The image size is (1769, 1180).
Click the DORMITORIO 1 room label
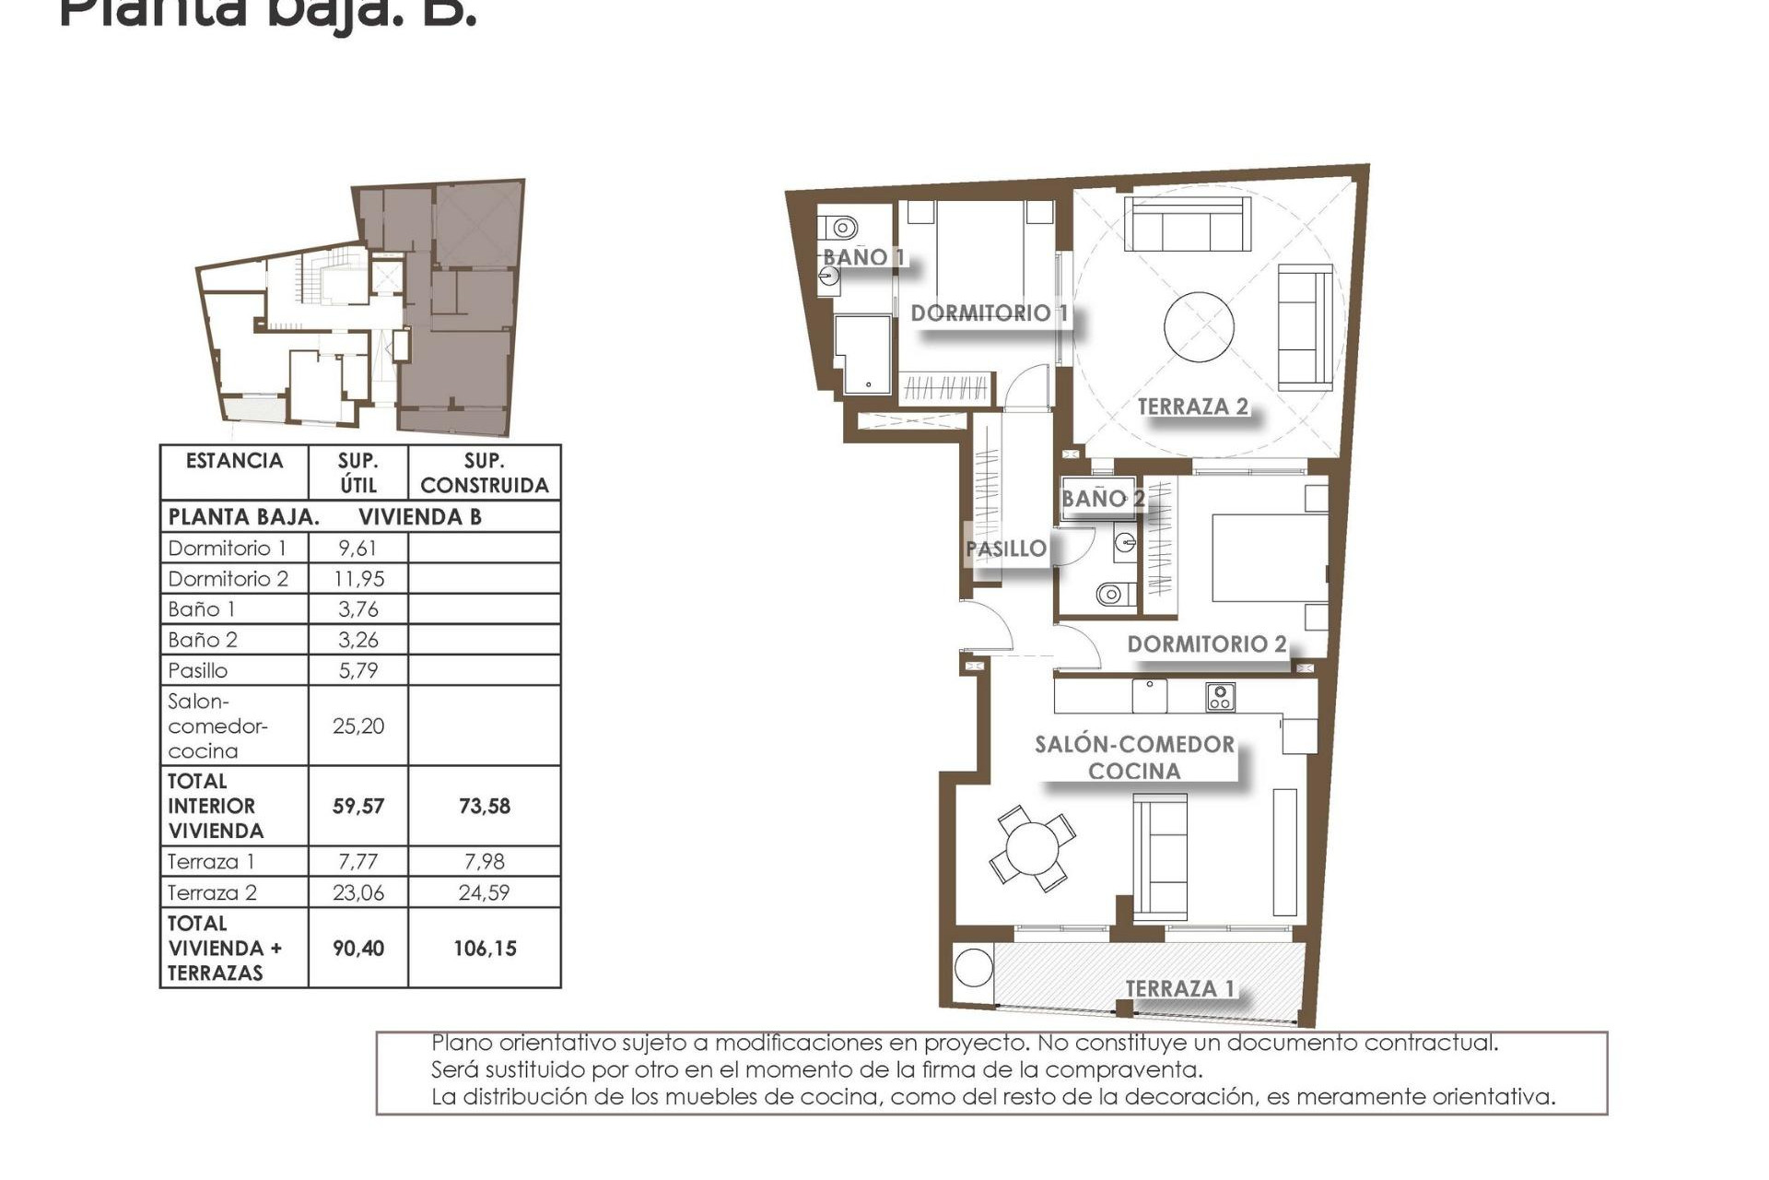tap(989, 313)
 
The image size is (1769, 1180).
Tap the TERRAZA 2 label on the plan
tap(1192, 407)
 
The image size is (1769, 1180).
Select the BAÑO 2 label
tap(1102, 499)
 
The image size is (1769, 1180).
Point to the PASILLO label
tap(1005, 549)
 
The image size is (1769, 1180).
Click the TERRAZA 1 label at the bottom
tap(1179, 988)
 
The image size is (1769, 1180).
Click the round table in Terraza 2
tap(1199, 327)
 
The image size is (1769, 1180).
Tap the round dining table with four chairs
tap(1032, 848)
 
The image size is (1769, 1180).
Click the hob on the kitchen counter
tap(1220, 697)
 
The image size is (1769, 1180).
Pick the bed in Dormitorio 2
tap(1269, 558)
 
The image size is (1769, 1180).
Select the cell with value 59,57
tap(357, 806)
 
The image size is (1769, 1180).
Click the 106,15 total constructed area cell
tap(485, 948)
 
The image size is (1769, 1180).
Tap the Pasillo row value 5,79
tap(357, 670)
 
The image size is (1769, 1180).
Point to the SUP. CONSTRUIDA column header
tap(484, 473)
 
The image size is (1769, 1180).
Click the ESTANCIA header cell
tap(234, 462)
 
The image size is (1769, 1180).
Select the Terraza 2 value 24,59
tap(484, 892)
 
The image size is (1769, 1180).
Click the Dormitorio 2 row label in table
tap(228, 579)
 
